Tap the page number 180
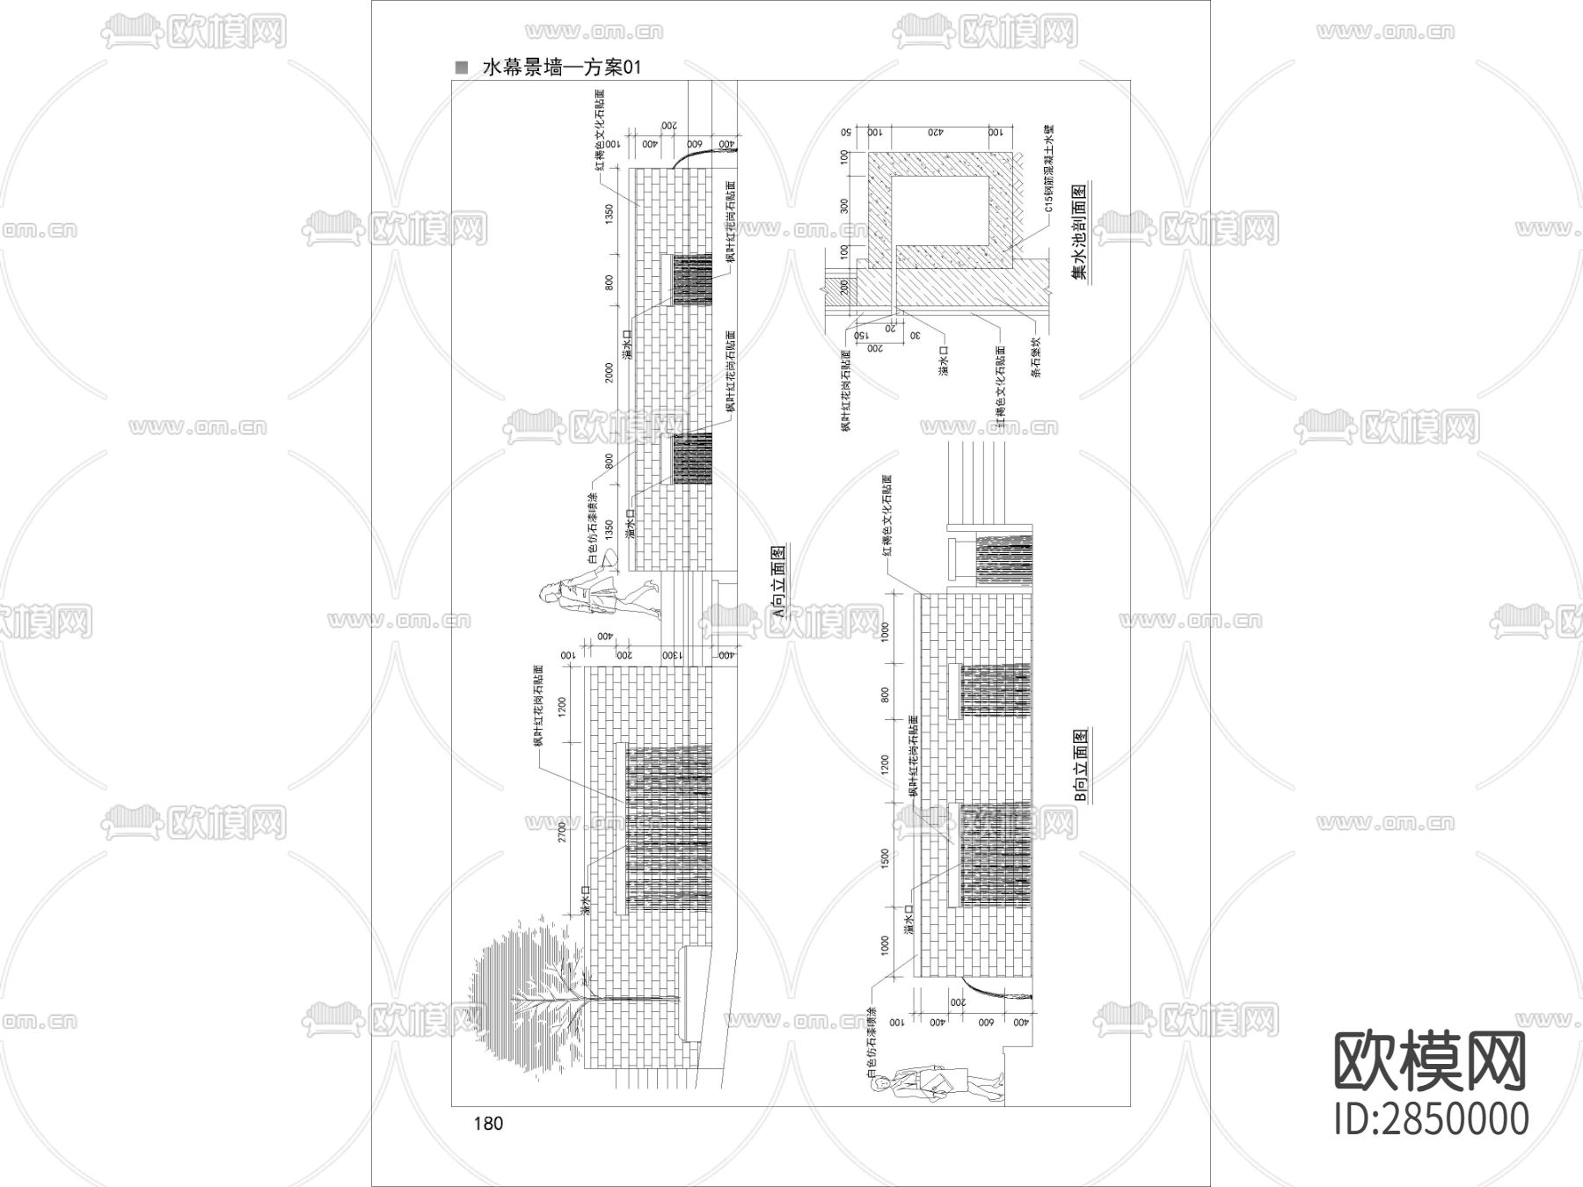tap(488, 1123)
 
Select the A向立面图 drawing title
tap(777, 583)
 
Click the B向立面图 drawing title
tap(1082, 765)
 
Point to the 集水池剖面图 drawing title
tap(1079, 230)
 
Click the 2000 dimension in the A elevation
tap(609, 374)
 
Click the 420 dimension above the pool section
tap(934, 131)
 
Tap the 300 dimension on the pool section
tap(844, 206)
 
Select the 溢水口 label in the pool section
tap(943, 360)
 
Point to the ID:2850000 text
tap(1432, 1119)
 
